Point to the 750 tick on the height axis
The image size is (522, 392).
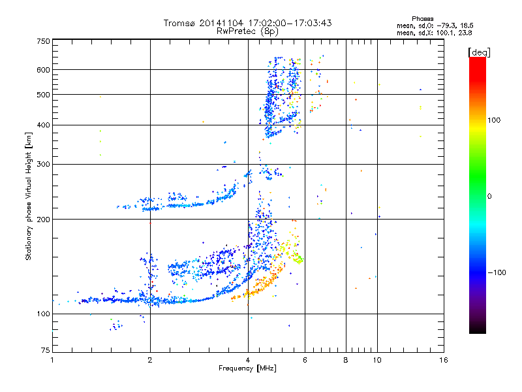44,41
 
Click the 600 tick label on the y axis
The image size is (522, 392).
44,69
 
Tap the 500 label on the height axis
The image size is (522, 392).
44,94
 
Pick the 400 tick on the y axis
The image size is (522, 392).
44,125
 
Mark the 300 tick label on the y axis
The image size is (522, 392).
44,164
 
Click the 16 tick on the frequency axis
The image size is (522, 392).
443,360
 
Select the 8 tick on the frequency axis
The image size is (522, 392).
345,360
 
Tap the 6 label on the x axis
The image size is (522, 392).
305,360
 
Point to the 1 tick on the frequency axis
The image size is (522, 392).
53,360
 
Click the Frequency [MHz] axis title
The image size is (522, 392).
247,368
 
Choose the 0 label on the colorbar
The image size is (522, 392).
491,196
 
